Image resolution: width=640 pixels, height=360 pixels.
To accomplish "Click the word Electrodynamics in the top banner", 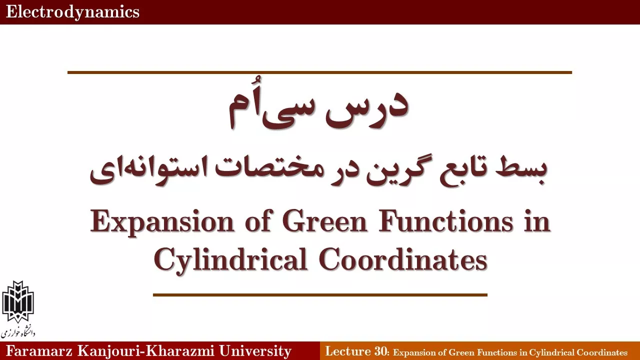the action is pos(72,12).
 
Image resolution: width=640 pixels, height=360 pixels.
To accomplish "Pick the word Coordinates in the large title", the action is pos(403,259).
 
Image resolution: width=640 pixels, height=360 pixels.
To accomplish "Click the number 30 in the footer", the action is pos(380,351).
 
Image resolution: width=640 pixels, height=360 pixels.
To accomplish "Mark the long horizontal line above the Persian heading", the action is pos(319,72).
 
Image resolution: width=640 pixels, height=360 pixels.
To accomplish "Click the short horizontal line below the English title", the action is pos(320,295).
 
